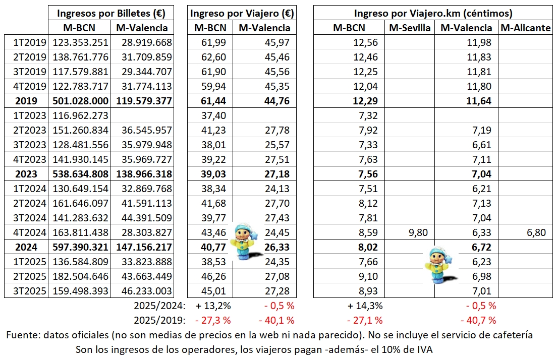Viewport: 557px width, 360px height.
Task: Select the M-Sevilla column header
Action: pyautogui.click(x=410, y=28)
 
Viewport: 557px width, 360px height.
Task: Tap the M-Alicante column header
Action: pyautogui.click(x=526, y=28)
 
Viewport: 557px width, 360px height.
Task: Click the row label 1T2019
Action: pyautogui.click(x=29, y=43)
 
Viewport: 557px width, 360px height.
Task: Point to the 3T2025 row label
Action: pyautogui.click(x=29, y=291)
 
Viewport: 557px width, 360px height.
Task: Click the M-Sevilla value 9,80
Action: pyautogui.click(x=419, y=233)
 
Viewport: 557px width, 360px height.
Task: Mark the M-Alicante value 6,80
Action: pyautogui.click(x=535, y=233)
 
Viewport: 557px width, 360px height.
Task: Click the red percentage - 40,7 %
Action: pyautogui.click(x=478, y=320)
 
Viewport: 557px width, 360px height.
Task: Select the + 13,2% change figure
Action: pyautogui.click(x=213, y=306)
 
